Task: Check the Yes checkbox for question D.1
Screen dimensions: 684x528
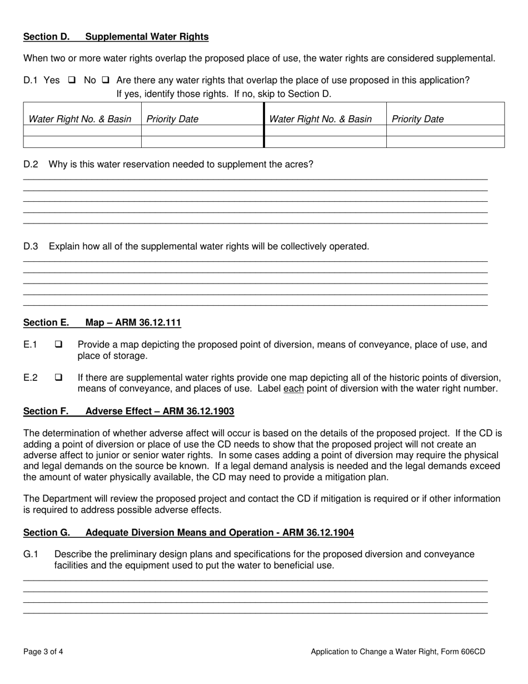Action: coord(72,80)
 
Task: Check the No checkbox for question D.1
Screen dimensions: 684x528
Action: coord(105,80)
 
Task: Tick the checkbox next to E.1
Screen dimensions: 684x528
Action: coord(58,345)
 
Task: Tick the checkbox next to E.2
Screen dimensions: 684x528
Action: coord(58,378)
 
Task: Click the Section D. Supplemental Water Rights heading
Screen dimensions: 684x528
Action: coord(116,37)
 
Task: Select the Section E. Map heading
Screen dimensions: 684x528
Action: coord(102,323)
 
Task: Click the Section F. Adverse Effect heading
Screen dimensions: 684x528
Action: coord(128,412)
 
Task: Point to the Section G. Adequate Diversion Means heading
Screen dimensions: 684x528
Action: coord(188,533)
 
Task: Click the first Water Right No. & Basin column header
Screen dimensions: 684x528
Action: coord(80,119)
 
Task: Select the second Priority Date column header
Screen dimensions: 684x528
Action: coord(417,119)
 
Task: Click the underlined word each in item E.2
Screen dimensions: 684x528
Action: coord(293,389)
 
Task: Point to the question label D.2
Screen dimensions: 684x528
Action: coord(31,165)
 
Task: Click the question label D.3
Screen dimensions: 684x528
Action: coord(31,246)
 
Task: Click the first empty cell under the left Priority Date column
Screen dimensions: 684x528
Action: coord(202,131)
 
